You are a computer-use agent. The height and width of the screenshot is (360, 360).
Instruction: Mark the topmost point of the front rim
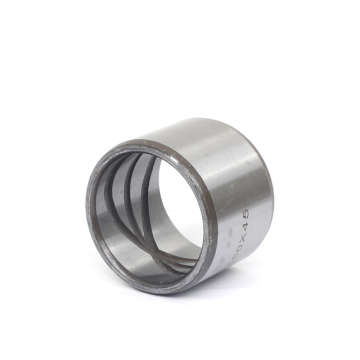click(x=140, y=143)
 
